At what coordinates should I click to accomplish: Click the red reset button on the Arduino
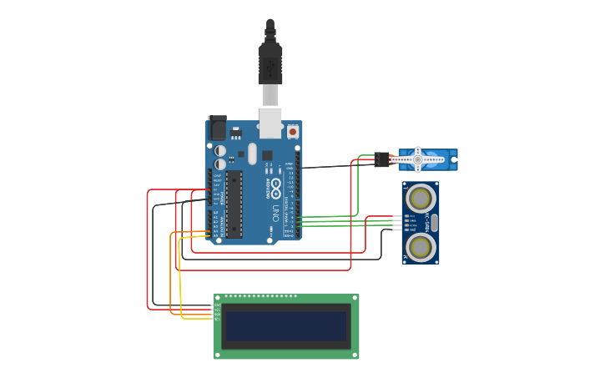293,131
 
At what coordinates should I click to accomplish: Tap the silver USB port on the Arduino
270,122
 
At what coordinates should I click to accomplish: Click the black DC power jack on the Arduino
217,128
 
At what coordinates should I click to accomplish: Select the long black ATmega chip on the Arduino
234,204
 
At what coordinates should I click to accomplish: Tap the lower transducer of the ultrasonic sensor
421,246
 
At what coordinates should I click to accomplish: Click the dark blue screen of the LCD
286,325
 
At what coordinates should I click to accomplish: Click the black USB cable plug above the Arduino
270,63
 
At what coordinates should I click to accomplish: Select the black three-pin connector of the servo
381,159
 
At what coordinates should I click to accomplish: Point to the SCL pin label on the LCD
218,319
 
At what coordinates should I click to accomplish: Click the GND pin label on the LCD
218,305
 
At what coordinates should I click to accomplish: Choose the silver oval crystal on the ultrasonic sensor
434,222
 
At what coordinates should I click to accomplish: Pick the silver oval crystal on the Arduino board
253,153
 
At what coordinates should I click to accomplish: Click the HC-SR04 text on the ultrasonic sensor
426,222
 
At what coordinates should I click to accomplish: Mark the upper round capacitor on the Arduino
220,151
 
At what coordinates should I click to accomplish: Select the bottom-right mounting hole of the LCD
355,355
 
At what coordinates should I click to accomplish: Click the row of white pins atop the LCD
260,296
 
